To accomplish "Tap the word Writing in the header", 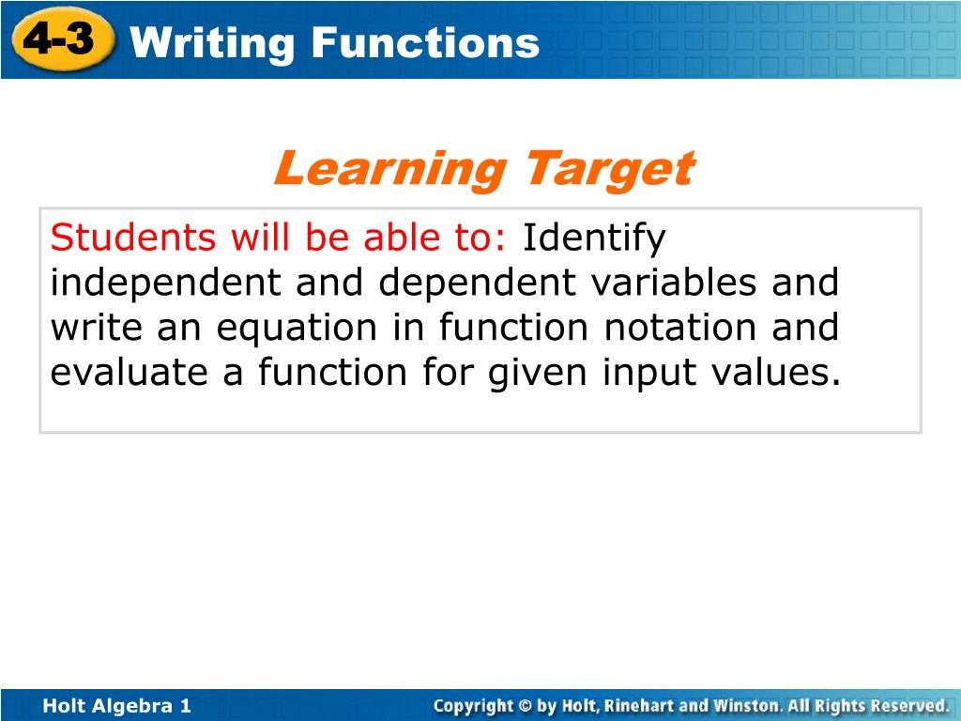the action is [212, 44].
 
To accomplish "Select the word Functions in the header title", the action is [426, 42].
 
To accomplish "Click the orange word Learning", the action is [389, 169].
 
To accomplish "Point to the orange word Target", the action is [610, 171].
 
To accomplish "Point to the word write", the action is [96, 328].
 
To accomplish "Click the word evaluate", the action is [129, 372].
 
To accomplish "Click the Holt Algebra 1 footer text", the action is [117, 706].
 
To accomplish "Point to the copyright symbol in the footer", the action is [526, 706].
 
